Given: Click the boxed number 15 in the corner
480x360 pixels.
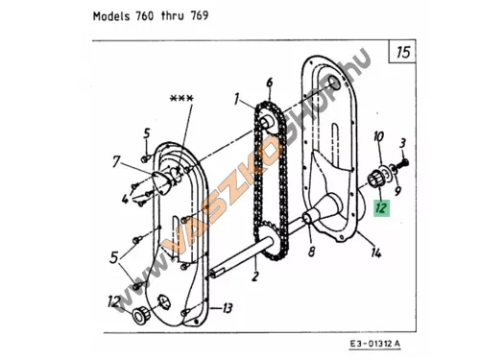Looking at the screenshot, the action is click(402, 52).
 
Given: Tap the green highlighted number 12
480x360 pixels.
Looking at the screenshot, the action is click(381, 207).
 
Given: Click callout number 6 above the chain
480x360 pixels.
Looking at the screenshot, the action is click(270, 83).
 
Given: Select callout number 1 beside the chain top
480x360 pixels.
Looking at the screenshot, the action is click(236, 99).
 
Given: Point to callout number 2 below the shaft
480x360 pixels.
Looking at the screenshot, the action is click(255, 276).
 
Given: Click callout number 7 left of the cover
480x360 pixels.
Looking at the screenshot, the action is click(116, 161).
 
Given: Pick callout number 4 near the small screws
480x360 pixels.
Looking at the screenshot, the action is click(126, 199).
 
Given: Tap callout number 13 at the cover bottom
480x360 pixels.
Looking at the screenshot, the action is click(227, 308).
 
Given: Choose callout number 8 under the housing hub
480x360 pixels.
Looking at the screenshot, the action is click(311, 252).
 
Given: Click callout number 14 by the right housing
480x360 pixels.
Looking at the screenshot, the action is click(376, 252).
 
